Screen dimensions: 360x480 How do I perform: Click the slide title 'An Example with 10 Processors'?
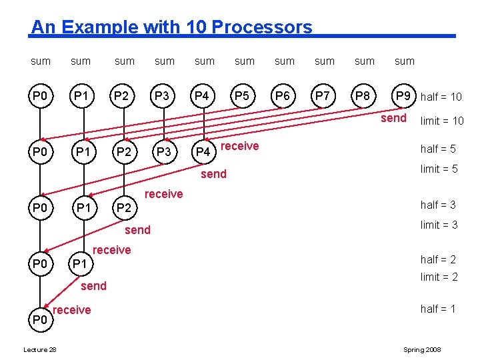pyautogui.click(x=171, y=27)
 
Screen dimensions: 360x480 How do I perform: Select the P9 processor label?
pyautogui.click(x=403, y=96)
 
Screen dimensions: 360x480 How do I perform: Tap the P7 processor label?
pyautogui.click(x=323, y=96)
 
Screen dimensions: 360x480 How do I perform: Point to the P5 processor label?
pyautogui.click(x=243, y=96)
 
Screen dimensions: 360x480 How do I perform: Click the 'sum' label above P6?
pyautogui.click(x=285, y=61)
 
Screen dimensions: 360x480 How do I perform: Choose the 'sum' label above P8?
pyautogui.click(x=365, y=61)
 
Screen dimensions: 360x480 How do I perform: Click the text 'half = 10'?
pyautogui.click(x=441, y=97)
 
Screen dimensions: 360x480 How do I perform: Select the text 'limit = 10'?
pyautogui.click(x=441, y=121)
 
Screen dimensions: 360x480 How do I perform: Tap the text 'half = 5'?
pyautogui.click(x=438, y=149)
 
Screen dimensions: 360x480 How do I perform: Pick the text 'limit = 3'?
pyautogui.click(x=439, y=225)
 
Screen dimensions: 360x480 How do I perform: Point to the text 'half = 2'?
pyautogui.click(x=438, y=260)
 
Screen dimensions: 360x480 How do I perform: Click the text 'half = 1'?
pyautogui.click(x=438, y=309)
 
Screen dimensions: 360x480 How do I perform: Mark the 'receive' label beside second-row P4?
pyautogui.click(x=239, y=147)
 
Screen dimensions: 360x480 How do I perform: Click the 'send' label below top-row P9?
pyautogui.click(x=393, y=118)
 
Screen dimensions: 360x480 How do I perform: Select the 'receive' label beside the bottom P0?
pyautogui.click(x=71, y=310)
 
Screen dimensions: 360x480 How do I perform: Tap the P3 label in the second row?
pyautogui.click(x=163, y=152)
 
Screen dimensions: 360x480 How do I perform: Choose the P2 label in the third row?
pyautogui.click(x=123, y=208)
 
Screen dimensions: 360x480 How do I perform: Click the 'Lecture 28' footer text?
pyautogui.click(x=40, y=350)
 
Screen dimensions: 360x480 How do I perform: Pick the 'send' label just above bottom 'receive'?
pyautogui.click(x=93, y=286)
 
